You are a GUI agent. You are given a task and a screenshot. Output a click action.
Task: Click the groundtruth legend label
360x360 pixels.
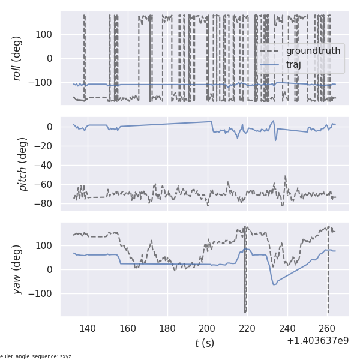coord(313,51)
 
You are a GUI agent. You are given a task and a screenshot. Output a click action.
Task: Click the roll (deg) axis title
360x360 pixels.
coord(17,58)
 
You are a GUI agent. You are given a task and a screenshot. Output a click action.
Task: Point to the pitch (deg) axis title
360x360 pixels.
coord(23,164)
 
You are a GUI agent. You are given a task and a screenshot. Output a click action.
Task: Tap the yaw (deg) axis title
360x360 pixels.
coord(17,269)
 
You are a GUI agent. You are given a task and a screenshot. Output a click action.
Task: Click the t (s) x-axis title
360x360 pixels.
coord(204,343)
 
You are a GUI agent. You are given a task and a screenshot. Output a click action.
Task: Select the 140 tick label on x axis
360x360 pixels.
coord(88,328)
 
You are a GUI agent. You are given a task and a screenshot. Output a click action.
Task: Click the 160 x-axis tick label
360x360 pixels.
coord(128,328)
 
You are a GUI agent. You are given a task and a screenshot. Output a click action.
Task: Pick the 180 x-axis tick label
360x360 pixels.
coord(167,328)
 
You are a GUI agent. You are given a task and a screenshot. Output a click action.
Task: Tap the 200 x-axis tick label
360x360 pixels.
coord(208,328)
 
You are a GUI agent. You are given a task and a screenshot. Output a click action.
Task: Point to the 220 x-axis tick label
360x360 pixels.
coord(248,328)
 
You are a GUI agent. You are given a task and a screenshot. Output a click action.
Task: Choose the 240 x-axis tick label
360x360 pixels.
coord(287,328)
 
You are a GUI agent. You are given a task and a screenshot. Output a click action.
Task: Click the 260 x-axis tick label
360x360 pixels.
coord(328,328)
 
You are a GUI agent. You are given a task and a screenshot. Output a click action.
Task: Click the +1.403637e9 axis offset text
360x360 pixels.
coord(317,341)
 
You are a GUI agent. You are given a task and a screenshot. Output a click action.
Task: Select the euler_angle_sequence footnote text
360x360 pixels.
coord(35,356)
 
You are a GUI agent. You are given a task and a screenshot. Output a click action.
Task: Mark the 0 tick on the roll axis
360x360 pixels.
coord(50,58)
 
